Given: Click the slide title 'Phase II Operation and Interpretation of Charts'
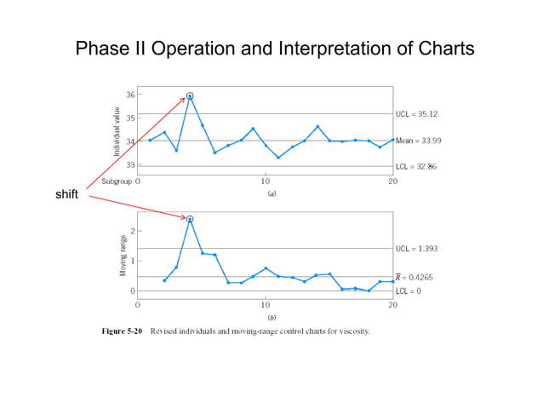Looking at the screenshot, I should click(x=275, y=48).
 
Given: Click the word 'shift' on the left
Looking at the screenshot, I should click(x=66, y=195).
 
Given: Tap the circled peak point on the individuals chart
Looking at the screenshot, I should click(x=190, y=96).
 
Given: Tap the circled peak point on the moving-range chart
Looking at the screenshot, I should click(x=190, y=219).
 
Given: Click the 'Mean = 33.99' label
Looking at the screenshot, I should click(x=419, y=141).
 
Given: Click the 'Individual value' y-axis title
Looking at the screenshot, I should click(x=117, y=130).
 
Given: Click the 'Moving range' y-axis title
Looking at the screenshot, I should click(x=123, y=255).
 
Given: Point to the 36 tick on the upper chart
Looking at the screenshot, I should click(x=129, y=95).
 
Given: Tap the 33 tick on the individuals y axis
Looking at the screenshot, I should click(x=129, y=164).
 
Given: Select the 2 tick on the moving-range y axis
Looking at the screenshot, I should click(x=131, y=231).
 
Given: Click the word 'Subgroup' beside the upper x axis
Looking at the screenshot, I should click(x=117, y=181).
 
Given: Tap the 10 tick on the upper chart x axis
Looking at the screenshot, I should click(x=266, y=181).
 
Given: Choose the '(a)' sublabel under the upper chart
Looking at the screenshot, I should click(x=271, y=193).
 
